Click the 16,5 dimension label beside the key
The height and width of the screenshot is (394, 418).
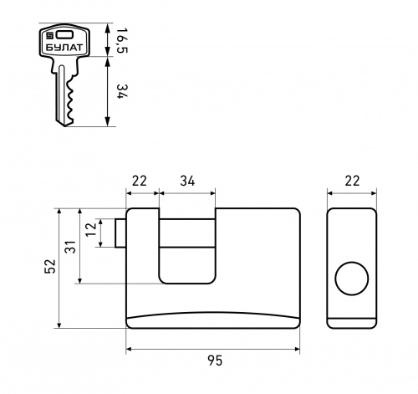point(122,40)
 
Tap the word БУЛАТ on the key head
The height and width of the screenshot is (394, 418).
point(64,48)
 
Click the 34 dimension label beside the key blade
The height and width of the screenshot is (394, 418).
point(122,91)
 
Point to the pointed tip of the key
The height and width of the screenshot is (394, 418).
point(65,126)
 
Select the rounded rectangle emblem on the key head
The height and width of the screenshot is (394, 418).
point(65,34)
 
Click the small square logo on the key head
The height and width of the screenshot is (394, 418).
point(50,35)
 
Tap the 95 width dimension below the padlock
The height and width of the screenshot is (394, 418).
point(215,361)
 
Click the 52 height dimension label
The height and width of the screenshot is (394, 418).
point(50,266)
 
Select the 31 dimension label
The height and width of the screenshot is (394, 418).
point(70,247)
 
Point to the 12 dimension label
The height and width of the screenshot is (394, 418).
point(91,229)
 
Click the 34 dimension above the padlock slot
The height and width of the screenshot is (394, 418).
point(187,181)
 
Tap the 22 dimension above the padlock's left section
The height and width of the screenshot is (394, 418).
point(139,181)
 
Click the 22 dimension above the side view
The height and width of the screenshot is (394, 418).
point(352,181)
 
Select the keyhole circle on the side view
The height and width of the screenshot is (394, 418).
point(352,279)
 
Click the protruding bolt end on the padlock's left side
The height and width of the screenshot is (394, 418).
point(120,233)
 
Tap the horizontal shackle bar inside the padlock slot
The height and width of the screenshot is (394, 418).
point(187,233)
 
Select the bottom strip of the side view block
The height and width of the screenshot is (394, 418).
point(352,323)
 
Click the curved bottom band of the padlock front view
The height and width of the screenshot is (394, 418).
point(213,320)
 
